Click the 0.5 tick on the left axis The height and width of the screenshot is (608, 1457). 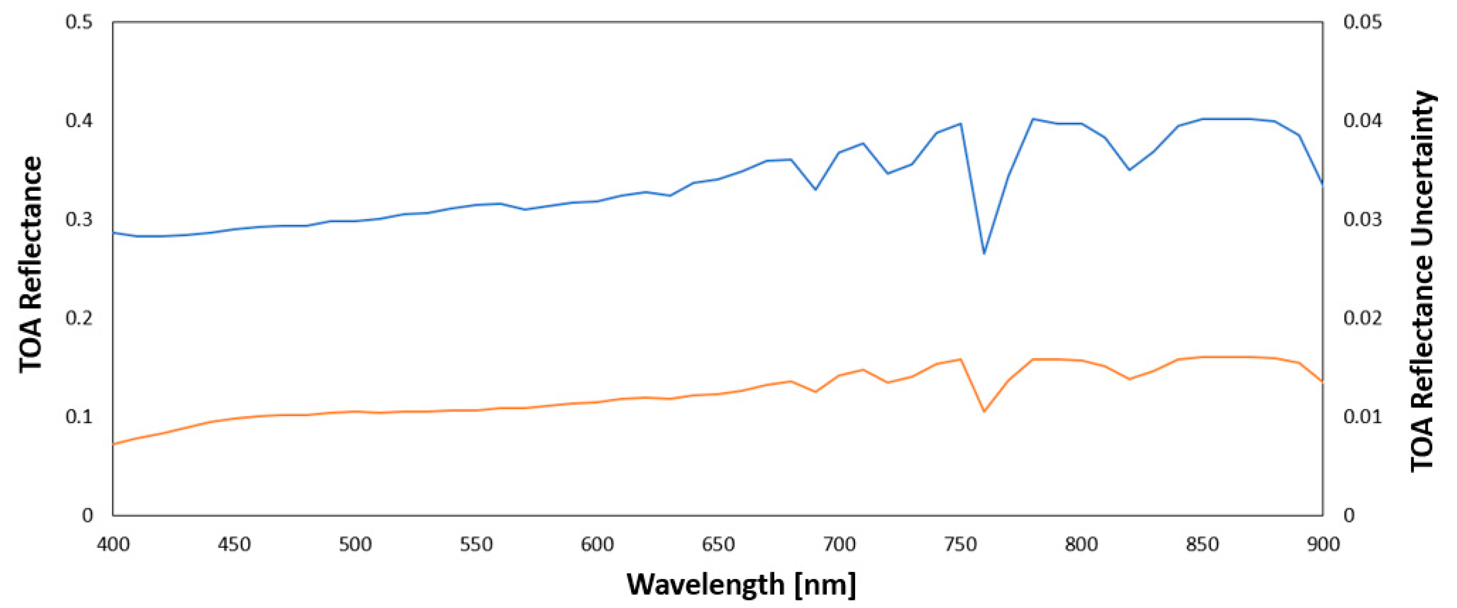(x=79, y=22)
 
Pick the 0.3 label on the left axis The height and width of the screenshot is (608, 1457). (x=79, y=219)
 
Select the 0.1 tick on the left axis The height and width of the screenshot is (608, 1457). (x=79, y=416)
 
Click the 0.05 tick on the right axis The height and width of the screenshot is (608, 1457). (x=1362, y=22)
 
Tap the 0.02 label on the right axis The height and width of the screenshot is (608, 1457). (x=1362, y=318)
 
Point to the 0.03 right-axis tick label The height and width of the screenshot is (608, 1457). (x=1362, y=219)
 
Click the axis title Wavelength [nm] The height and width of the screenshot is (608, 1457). (x=741, y=585)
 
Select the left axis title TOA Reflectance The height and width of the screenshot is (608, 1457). (x=31, y=265)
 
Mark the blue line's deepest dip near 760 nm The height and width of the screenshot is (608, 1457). (x=984, y=253)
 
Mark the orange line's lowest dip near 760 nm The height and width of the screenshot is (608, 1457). (x=984, y=411)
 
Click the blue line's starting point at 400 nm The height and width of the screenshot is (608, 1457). (x=114, y=232)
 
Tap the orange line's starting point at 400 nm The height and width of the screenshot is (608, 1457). (x=114, y=444)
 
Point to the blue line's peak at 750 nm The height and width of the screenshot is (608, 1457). (x=960, y=123)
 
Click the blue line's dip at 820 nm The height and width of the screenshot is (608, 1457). (x=1130, y=169)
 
